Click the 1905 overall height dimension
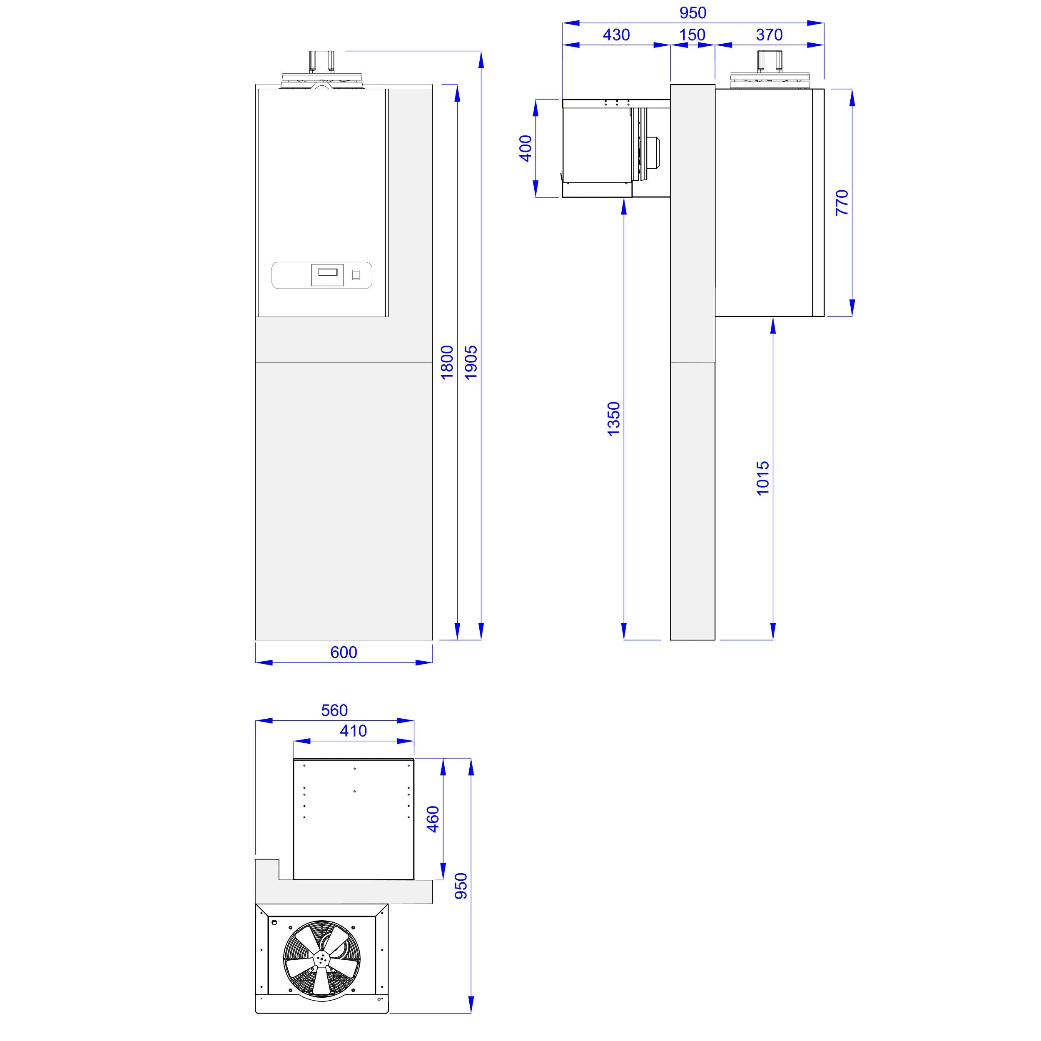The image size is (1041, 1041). coord(471,363)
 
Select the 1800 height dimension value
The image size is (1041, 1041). coord(447,363)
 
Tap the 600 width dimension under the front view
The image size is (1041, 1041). coord(344,652)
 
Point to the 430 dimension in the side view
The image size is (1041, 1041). coord(616,35)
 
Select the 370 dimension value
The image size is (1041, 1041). coord(769,35)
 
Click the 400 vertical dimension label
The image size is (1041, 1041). coord(525,148)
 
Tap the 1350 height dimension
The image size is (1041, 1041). coord(614,418)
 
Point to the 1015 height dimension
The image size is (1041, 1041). coord(763,478)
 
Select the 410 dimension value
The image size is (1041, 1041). coord(353,731)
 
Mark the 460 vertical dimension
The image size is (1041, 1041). coord(433,819)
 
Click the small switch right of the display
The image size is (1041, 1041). coord(356,275)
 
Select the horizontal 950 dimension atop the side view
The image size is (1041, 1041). coord(692,12)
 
